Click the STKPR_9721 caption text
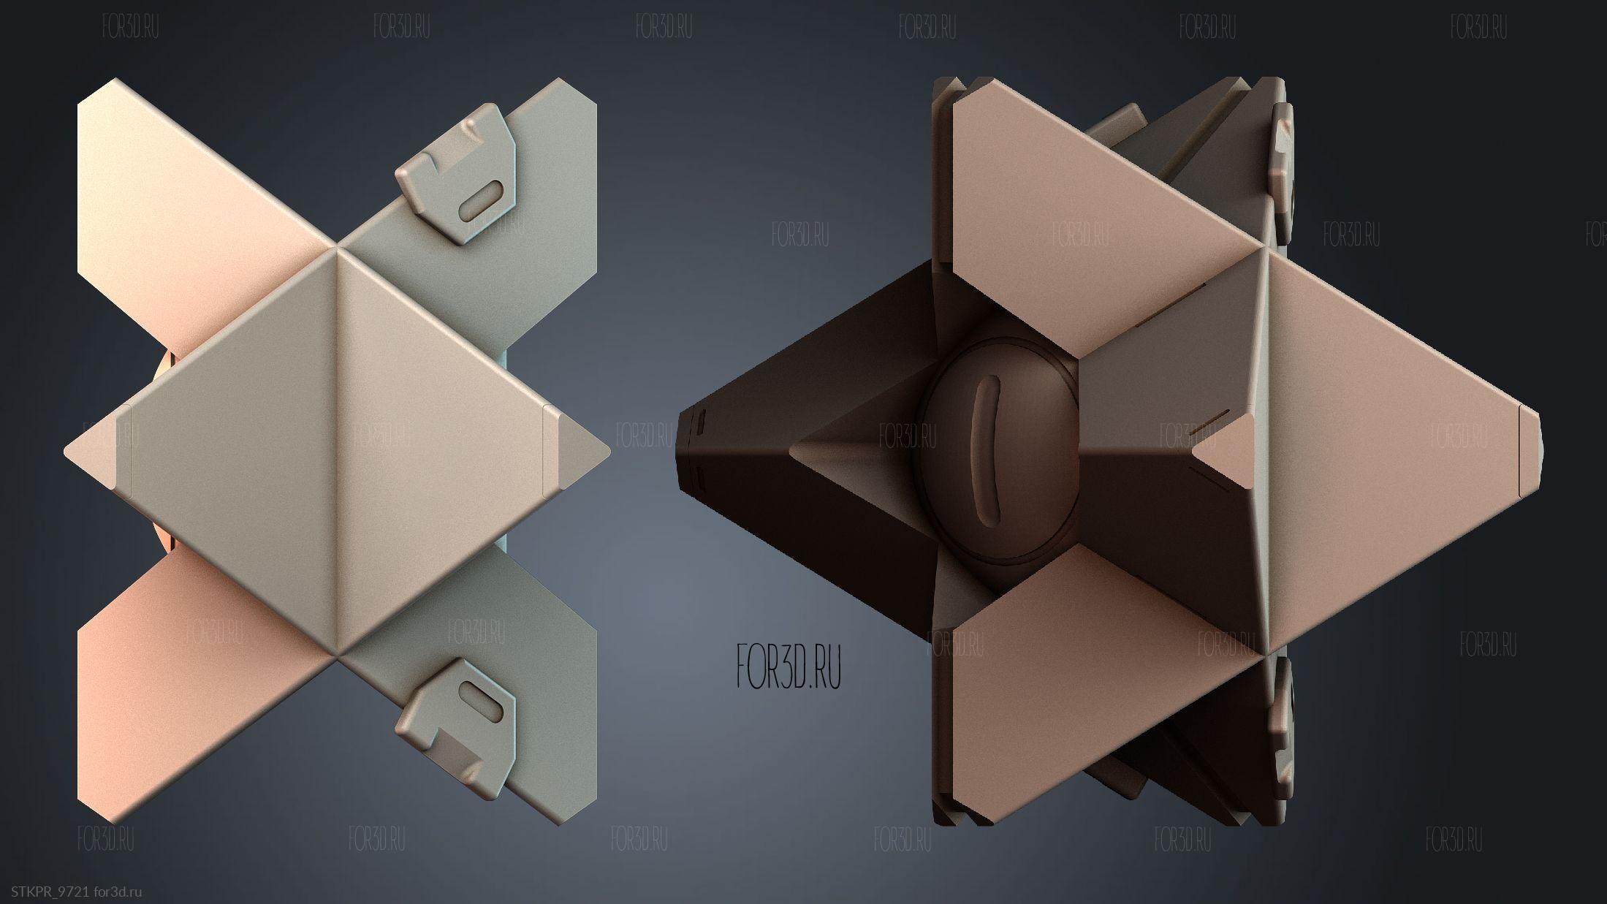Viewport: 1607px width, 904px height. (50, 891)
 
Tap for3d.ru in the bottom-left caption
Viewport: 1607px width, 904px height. (118, 891)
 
